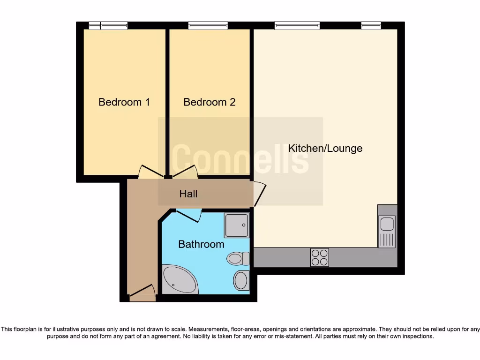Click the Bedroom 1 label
click(x=124, y=102)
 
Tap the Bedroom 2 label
click(x=210, y=102)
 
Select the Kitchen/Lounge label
click(x=325, y=149)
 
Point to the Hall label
click(x=188, y=194)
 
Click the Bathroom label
click(x=201, y=244)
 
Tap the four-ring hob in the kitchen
click(x=320, y=257)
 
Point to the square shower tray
click(x=236, y=225)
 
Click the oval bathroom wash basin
click(x=240, y=280)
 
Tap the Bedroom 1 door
click(x=151, y=172)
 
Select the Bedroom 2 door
click(x=185, y=172)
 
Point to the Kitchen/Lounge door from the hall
click(x=259, y=194)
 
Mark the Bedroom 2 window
click(x=208, y=26)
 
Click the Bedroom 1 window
click(x=108, y=26)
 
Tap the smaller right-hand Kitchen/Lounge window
click(x=371, y=26)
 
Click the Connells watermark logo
click(x=240, y=160)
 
